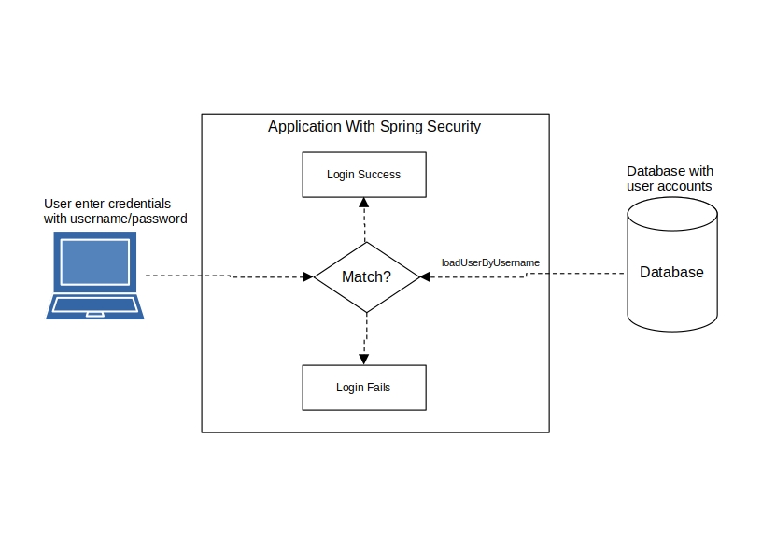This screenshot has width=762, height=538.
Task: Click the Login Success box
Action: click(364, 175)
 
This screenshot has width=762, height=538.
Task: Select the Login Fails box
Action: click(364, 388)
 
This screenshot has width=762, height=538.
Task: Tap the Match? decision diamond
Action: click(366, 277)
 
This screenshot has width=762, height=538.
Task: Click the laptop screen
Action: click(94, 262)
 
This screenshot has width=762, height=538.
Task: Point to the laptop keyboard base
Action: click(94, 306)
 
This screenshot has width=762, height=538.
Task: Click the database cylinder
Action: click(672, 264)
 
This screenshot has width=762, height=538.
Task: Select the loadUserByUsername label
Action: click(490, 262)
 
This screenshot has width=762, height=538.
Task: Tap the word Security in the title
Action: click(454, 126)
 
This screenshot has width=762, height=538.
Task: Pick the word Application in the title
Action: click(304, 126)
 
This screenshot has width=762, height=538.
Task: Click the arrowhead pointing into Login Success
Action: click(364, 203)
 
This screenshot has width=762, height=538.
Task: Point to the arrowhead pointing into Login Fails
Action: click(364, 360)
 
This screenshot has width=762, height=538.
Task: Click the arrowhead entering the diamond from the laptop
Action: click(308, 277)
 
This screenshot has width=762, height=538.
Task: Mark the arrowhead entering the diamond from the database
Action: click(425, 277)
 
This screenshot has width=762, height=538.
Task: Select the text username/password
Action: click(129, 219)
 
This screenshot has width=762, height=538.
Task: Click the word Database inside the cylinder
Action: click(671, 272)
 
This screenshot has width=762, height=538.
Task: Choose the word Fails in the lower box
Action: click(378, 388)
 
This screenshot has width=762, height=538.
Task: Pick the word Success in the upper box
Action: click(379, 175)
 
